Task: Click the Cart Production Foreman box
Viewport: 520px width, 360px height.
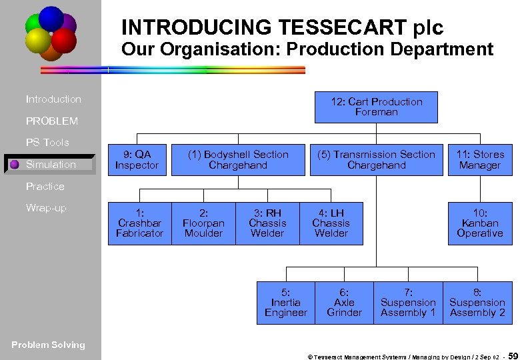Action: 376,107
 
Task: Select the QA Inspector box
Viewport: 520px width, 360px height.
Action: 137,160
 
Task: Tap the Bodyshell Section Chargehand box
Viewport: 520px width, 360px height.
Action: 238,160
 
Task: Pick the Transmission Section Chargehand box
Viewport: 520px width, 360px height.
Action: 376,160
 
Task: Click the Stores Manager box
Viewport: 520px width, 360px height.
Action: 480,160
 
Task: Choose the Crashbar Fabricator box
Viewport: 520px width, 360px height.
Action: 139,223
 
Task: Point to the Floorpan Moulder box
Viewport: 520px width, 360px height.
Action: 203,223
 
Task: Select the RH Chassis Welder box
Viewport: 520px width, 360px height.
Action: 267,223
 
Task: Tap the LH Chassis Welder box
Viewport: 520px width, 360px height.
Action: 331,223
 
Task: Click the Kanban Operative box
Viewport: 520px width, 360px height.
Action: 480,223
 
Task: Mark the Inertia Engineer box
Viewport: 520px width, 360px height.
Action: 285,303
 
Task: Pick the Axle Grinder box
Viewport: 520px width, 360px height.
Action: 344,303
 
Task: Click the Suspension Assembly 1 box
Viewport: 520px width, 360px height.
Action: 408,303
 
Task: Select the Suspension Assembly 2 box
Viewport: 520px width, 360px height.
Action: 477,303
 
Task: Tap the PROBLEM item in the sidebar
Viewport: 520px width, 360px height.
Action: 52,121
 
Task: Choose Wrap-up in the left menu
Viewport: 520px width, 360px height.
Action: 46,208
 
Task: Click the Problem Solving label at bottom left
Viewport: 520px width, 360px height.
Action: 49,345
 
